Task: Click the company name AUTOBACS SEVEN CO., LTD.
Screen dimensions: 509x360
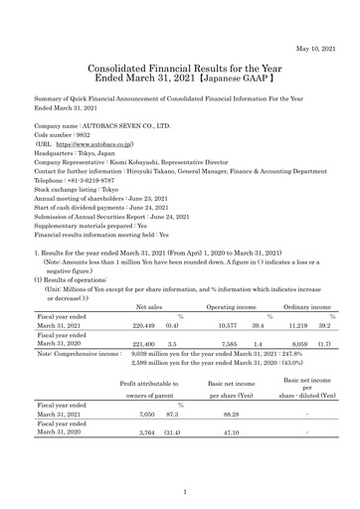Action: tap(123, 127)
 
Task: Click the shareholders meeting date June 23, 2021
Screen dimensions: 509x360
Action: tap(160, 200)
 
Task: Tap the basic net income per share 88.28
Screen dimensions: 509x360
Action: tap(229, 443)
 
